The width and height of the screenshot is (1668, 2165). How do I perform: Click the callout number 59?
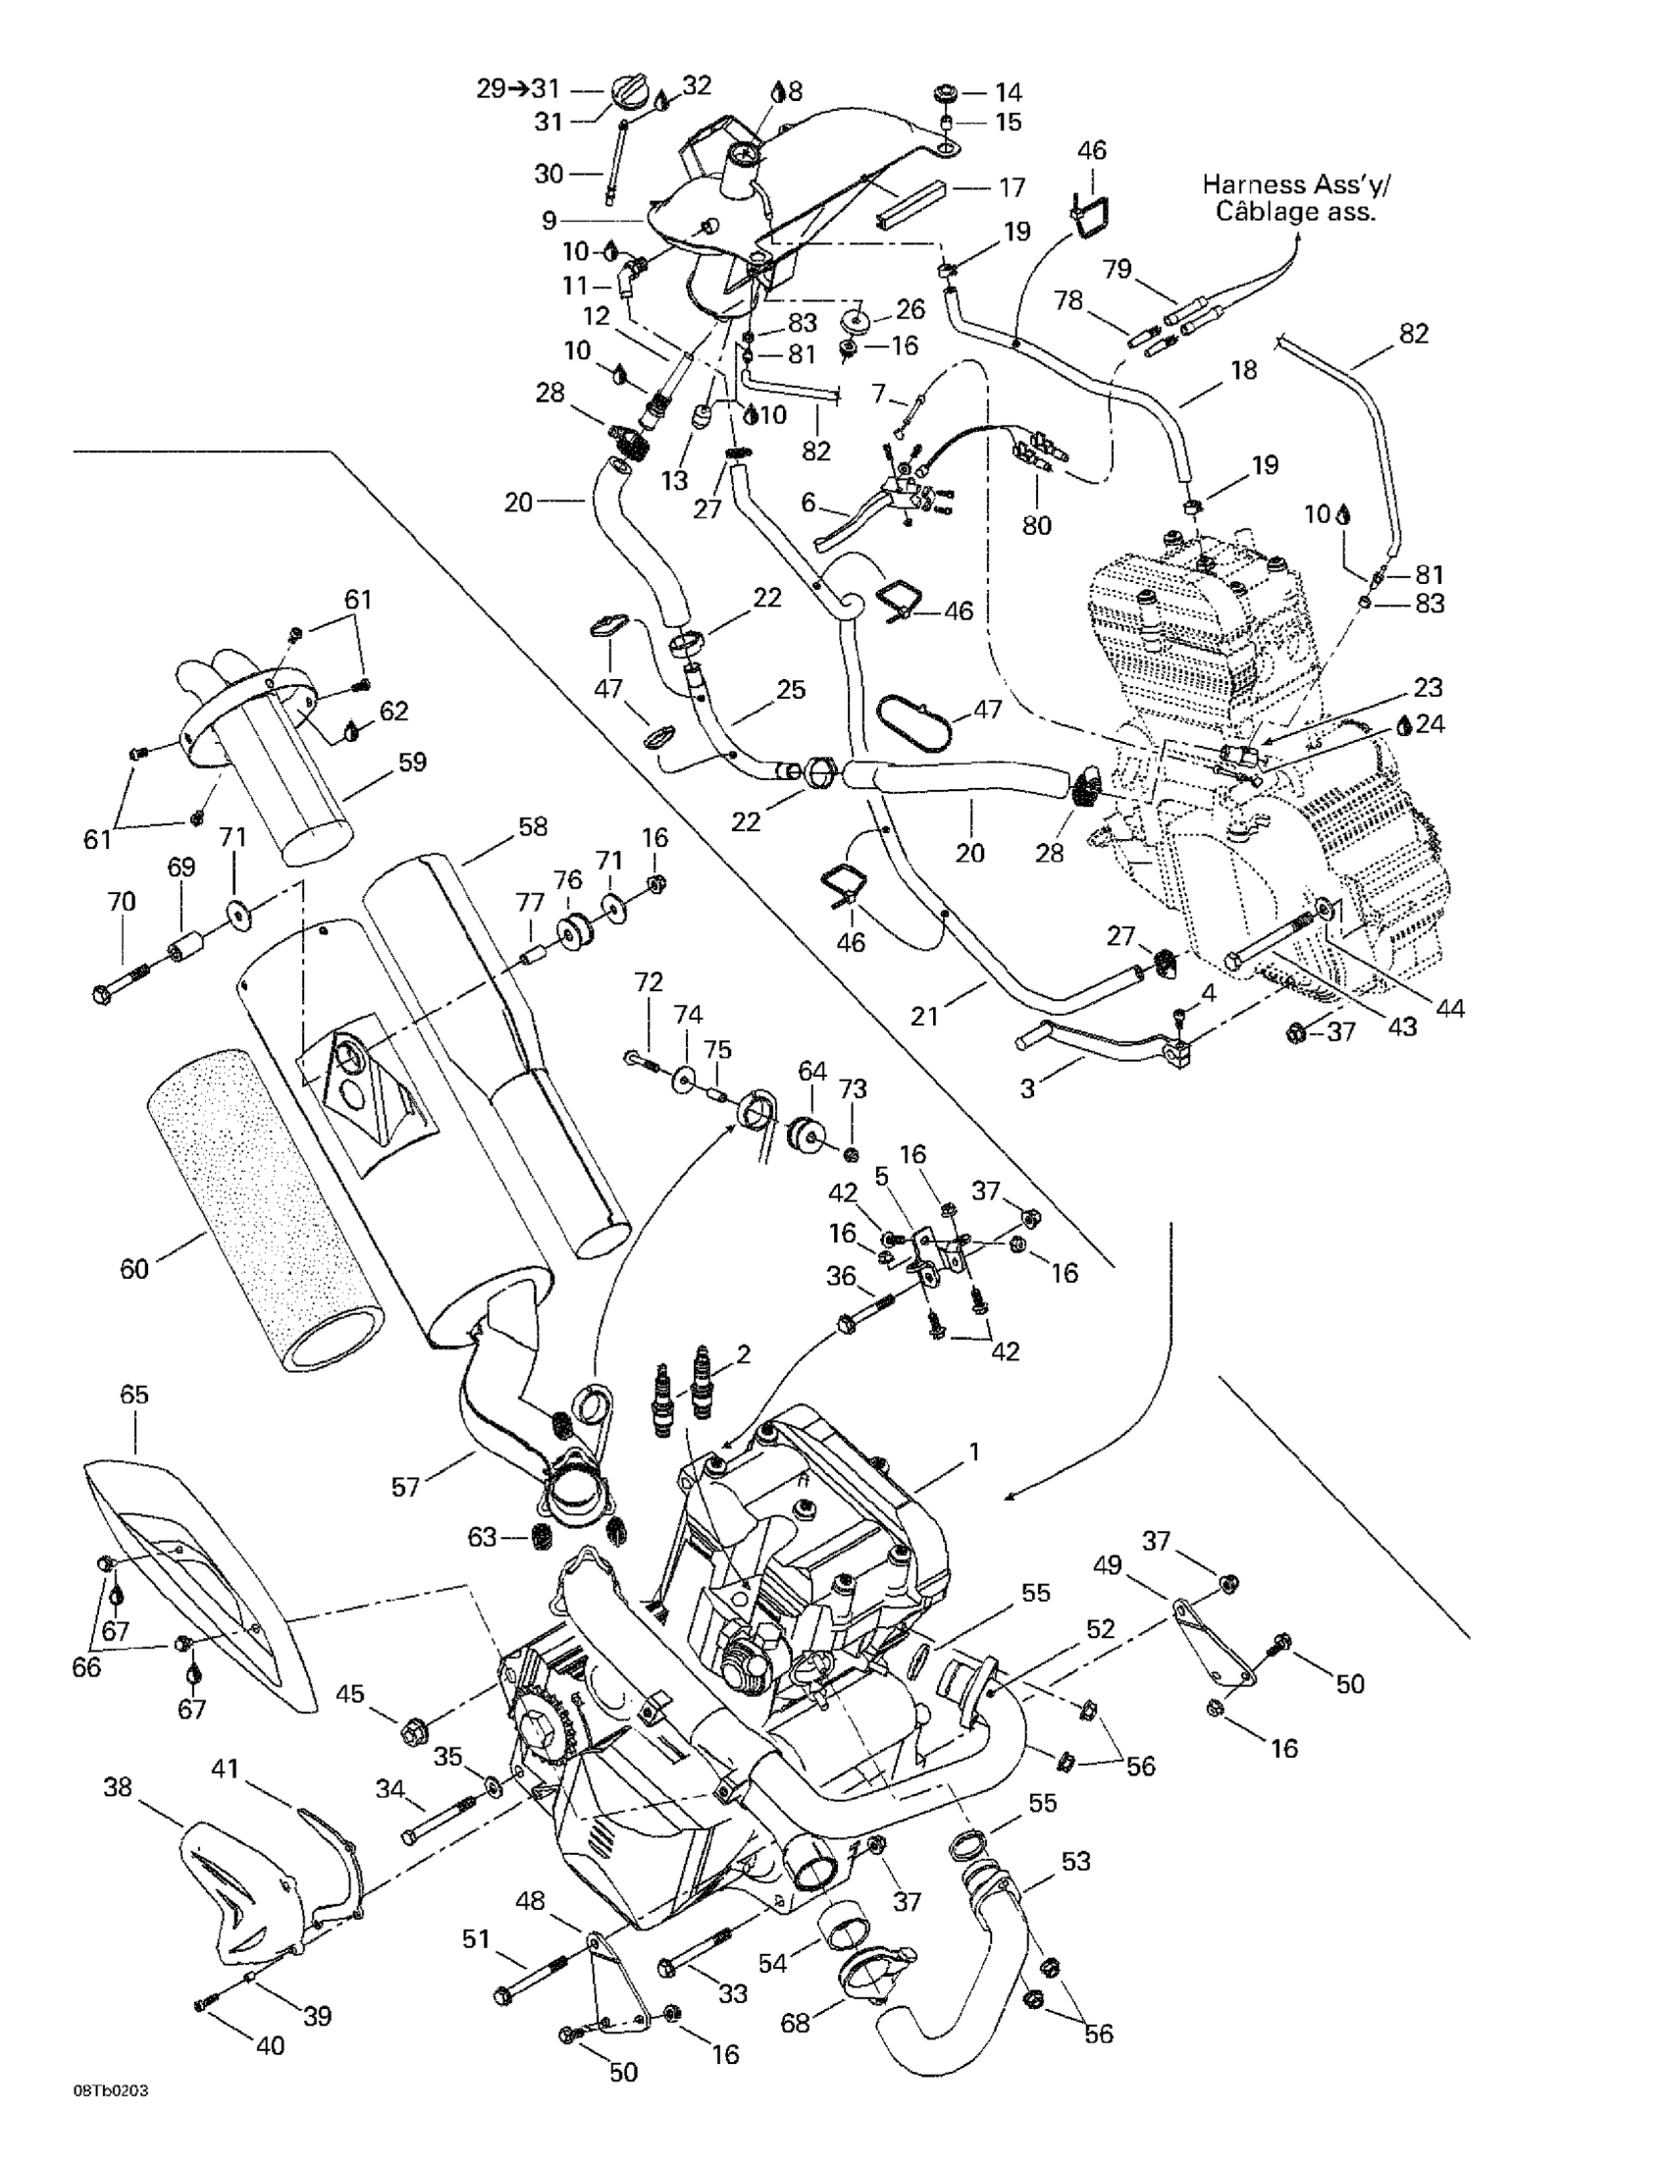click(411, 763)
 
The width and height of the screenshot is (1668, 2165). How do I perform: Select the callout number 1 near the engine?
click(974, 1452)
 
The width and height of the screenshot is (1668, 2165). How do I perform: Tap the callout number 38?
click(118, 1787)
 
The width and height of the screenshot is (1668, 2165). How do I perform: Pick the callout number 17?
click(1011, 187)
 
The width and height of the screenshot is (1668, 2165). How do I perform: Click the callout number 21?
click(923, 1016)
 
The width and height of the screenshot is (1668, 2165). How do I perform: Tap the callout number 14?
click(1008, 92)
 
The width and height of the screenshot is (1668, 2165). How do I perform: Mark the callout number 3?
click(1027, 1088)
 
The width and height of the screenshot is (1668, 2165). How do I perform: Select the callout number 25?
click(791, 689)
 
